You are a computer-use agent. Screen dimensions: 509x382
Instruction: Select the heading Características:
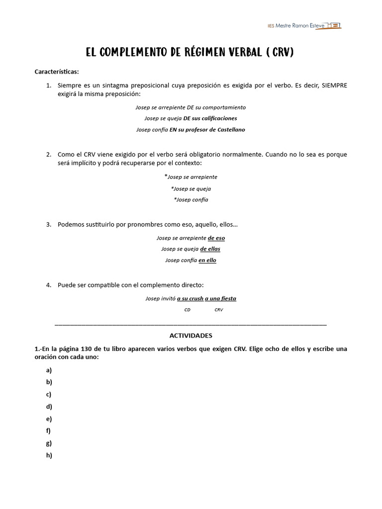57,72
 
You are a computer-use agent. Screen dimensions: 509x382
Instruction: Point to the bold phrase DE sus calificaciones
210,118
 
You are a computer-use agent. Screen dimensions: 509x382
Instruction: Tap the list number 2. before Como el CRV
49,155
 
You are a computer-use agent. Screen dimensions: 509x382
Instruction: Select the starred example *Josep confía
191,200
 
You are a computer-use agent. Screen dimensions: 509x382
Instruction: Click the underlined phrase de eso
216,238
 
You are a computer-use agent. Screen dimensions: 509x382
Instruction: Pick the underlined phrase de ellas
210,249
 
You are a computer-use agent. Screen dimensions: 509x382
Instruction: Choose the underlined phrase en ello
207,260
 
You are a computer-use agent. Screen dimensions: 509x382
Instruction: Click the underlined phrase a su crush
190,299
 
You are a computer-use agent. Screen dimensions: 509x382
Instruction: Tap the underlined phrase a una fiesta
220,299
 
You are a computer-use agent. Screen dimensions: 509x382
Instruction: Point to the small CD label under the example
188,310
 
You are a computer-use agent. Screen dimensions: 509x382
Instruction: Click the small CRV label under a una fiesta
219,310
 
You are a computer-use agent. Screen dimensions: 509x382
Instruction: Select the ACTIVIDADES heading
191,336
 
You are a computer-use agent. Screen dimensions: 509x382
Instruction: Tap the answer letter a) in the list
49,370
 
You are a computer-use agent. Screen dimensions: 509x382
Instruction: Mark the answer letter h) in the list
49,455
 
